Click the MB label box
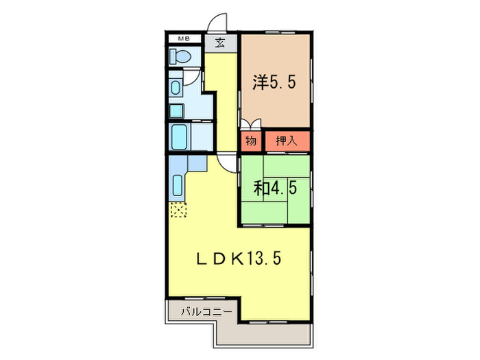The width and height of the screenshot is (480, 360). coord(183,39)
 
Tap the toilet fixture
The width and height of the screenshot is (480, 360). coord(178,58)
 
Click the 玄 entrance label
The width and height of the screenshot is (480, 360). coord(220,43)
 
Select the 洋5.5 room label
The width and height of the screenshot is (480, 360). coord(275,83)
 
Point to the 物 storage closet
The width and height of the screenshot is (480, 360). coord(250,141)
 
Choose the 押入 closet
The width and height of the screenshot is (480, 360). coord(286,141)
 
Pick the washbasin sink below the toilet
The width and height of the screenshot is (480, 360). coord(176,88)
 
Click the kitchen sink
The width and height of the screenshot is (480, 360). coord(178,185)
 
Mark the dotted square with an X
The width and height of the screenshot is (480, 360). coord(178,211)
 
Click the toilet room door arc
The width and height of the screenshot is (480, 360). coord(196,74)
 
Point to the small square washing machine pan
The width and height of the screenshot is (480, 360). coord(178,111)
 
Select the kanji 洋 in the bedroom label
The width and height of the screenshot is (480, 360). coord(260,83)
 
